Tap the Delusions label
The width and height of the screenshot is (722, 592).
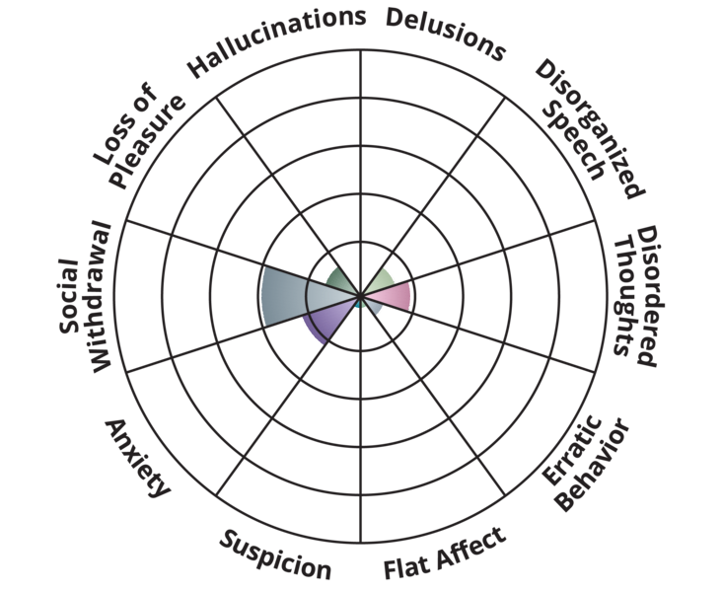coord(445,33)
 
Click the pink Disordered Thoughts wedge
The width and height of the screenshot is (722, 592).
coord(395,294)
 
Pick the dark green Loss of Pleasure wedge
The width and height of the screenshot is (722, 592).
coord(341,280)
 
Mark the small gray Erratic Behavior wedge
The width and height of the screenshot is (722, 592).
coord(374,307)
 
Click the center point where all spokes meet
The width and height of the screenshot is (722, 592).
coord(360,295)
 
